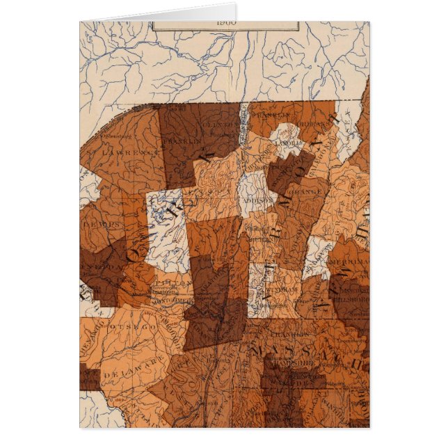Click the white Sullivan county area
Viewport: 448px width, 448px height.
click(x=318, y=257)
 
